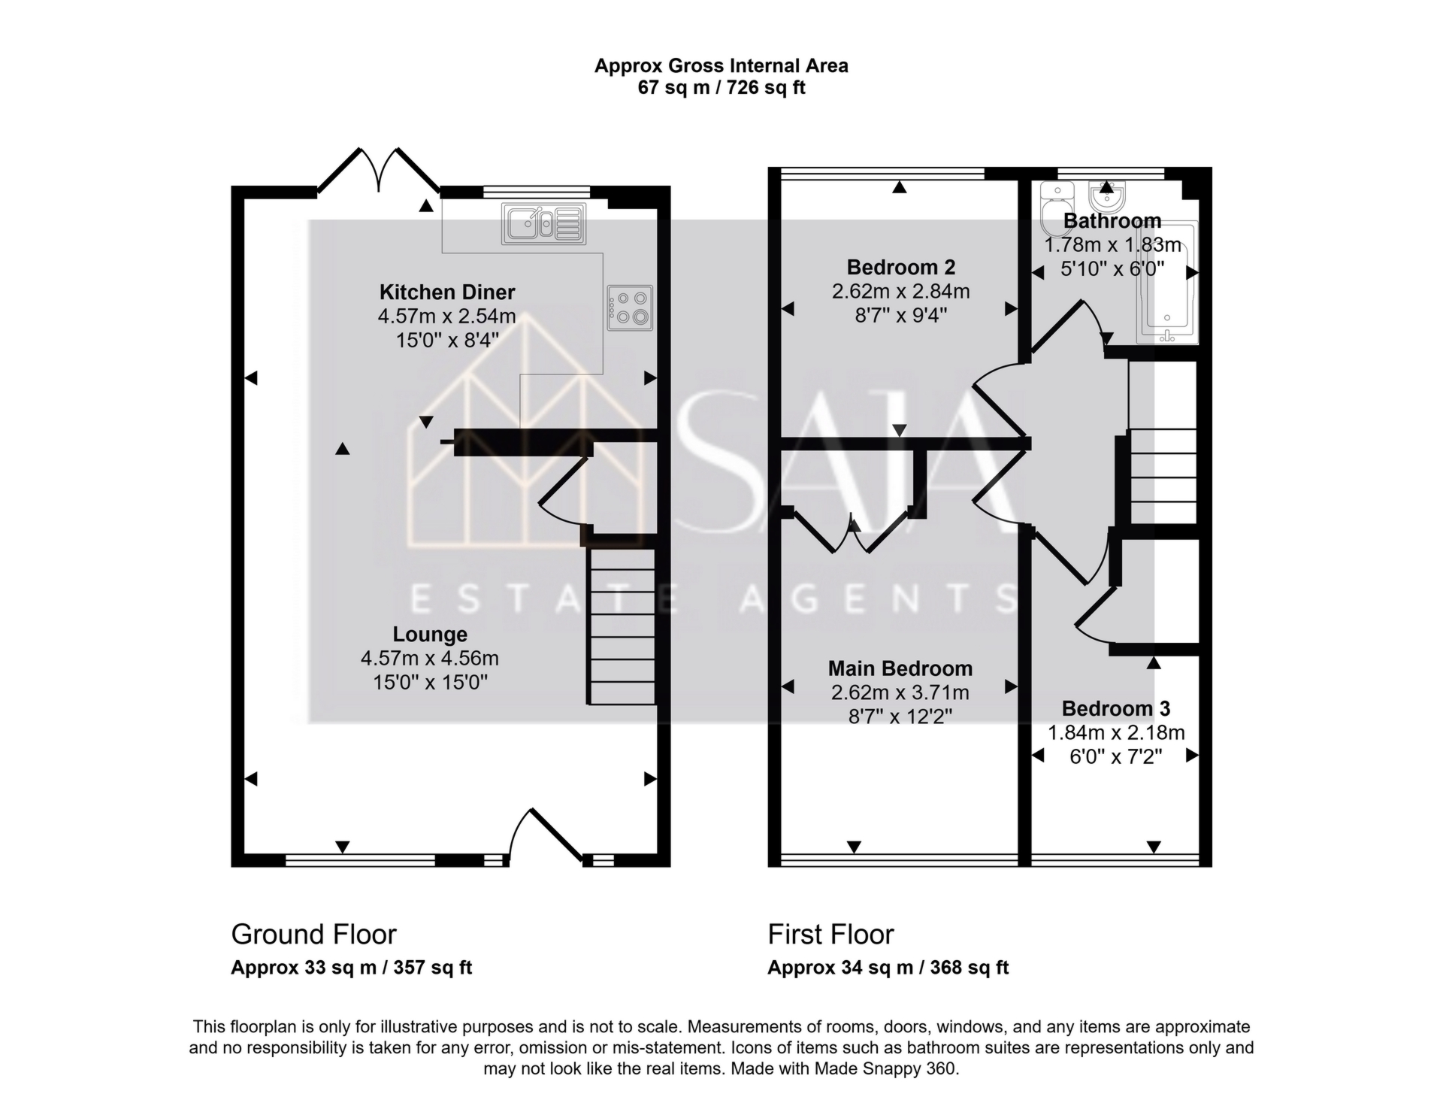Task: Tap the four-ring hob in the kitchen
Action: tap(630, 308)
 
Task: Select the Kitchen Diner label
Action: tap(446, 292)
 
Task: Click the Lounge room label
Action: tap(429, 635)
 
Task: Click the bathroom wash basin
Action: tap(1106, 198)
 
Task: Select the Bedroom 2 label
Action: tap(900, 267)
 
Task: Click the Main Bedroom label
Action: tap(900, 668)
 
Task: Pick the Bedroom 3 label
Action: tap(1115, 708)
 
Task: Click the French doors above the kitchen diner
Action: tap(379, 171)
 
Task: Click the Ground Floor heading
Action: tap(313, 935)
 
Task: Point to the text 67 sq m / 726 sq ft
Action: tap(721, 88)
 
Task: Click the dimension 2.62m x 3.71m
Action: tap(900, 692)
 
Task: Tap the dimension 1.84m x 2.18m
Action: tap(1115, 732)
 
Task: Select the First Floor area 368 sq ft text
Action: tap(969, 968)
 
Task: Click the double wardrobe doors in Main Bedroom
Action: tap(853, 532)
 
